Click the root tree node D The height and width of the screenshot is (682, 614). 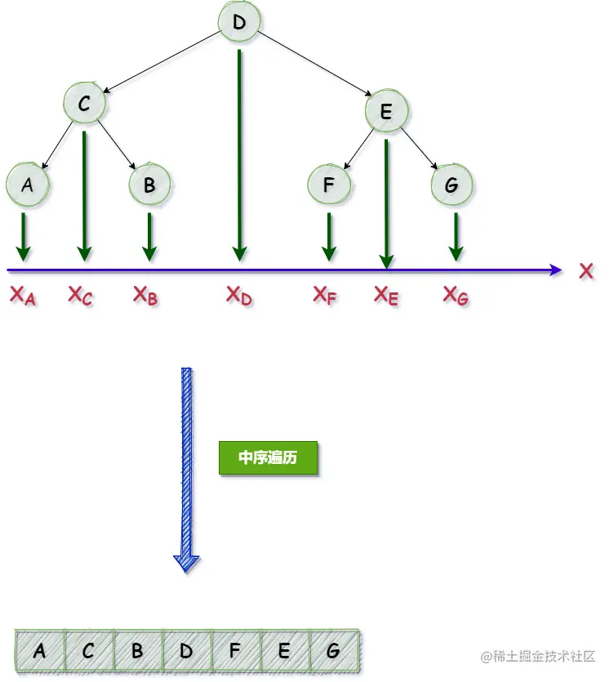238,23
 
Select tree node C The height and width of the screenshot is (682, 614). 84,104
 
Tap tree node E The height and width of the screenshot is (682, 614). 386,112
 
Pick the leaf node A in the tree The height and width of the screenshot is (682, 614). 27,185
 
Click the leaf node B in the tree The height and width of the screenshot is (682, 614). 149,185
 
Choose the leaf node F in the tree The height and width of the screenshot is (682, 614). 328,185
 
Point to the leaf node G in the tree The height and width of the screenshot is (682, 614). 452,185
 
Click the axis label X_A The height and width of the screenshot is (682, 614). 23,296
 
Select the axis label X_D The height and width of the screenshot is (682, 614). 239,296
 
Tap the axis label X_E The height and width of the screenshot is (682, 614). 386,296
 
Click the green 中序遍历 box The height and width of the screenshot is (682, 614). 267,458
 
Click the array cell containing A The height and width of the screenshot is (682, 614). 39,651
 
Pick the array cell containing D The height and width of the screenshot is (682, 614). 186,651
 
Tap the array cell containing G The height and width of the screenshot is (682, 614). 333,651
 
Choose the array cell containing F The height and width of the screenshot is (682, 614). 235,651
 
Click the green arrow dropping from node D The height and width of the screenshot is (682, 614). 239,155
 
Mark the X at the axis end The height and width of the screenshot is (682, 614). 586,271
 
